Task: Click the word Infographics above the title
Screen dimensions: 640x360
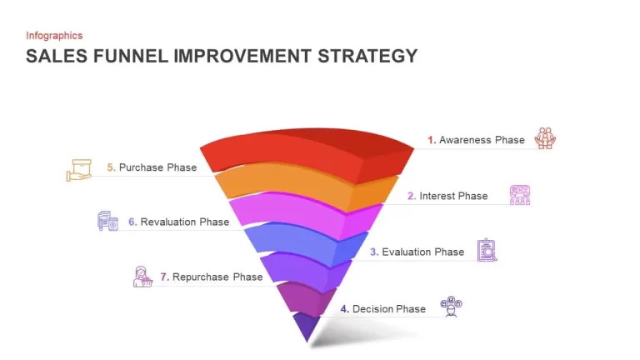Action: [x=54, y=36]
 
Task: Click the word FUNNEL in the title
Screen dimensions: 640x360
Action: [x=131, y=56]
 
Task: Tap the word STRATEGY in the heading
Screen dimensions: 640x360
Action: [x=367, y=56]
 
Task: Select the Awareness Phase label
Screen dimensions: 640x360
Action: [x=476, y=140]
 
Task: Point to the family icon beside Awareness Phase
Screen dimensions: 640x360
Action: [x=545, y=138]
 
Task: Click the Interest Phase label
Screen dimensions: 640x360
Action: [x=447, y=196]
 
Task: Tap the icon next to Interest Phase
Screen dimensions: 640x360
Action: [x=520, y=195]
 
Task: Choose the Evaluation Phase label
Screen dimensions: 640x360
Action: [x=417, y=252]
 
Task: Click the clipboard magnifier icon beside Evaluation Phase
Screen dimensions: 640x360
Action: [x=487, y=250]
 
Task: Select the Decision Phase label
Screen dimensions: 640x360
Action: [x=382, y=309]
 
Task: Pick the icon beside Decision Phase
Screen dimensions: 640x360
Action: [x=451, y=307]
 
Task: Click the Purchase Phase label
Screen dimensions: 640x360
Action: [x=152, y=167]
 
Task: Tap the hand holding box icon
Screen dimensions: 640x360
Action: [x=79, y=170]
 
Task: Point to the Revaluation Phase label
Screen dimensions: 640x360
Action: [x=178, y=222]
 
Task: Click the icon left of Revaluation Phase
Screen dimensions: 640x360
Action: [x=107, y=221]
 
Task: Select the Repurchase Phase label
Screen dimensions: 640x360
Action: [x=211, y=277]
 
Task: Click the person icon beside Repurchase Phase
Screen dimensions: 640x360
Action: [x=142, y=277]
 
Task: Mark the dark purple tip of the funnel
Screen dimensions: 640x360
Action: [x=307, y=326]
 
